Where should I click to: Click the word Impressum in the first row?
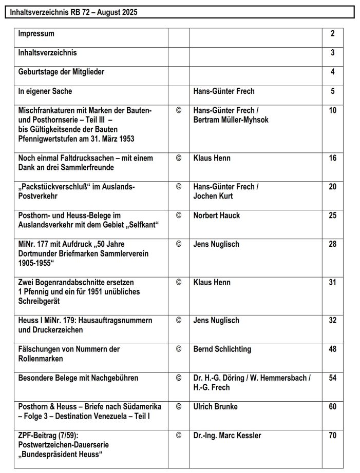tap(36, 34)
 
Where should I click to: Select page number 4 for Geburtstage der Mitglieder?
tap(333, 72)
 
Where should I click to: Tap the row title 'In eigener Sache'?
tap(45, 91)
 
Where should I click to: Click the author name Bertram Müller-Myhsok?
tap(231, 120)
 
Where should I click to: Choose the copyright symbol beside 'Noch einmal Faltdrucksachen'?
tap(179, 159)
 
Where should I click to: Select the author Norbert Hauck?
tap(216, 215)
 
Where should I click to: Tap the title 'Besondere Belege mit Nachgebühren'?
tap(78, 378)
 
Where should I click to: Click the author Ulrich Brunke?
tap(216, 407)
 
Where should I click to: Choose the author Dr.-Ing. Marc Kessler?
tap(227, 436)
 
